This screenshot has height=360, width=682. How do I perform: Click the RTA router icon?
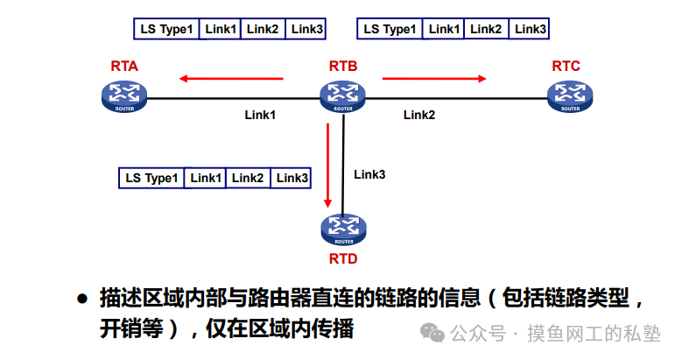coord(123,97)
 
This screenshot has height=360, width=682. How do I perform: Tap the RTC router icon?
coord(570,97)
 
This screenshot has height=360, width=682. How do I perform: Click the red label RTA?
coord(124,67)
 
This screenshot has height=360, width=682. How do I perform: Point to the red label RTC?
coord(566,67)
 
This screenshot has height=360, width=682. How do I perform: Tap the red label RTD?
coord(343,259)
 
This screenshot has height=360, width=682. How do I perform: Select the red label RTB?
coord(343,67)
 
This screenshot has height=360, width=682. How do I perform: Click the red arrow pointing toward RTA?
coord(231,79)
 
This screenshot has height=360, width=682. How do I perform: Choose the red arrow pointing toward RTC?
coord(434,79)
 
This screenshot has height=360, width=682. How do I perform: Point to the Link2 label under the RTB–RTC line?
coord(418,115)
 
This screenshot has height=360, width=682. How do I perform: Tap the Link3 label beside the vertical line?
coord(369,174)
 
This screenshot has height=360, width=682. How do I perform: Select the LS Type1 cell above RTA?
coord(166,29)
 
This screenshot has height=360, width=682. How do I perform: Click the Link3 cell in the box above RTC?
coord(531,29)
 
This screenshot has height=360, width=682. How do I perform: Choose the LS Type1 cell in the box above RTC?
coord(390,29)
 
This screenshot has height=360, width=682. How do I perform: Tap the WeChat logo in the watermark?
coord(433,333)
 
